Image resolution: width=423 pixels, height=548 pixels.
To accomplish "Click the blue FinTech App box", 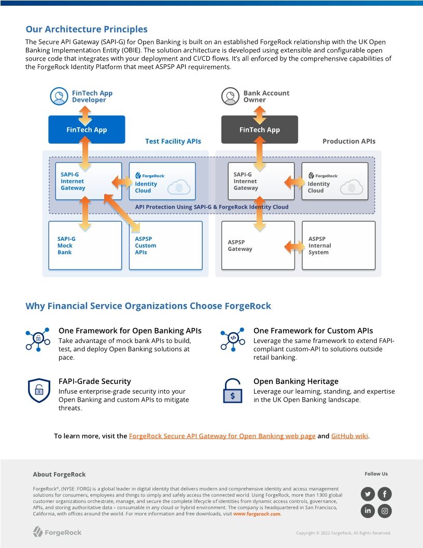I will pos(87,130).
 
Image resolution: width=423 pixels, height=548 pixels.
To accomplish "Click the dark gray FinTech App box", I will pos(259,130).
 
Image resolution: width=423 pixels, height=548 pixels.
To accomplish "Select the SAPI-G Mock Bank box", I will pos(85,245).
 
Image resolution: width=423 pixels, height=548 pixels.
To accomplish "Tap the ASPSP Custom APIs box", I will pos(165,245).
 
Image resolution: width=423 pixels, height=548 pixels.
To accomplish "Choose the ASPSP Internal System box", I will pos(338,245).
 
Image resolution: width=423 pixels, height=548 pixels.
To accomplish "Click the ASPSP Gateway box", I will pos(258,245).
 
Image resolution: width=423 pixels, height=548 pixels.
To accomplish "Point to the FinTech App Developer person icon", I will pos(59,97).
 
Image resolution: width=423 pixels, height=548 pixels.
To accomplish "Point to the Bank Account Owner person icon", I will pos(229,97).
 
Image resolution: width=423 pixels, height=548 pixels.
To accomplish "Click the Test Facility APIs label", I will pos(173,141).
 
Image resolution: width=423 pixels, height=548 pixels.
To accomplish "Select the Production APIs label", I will pos(349,141).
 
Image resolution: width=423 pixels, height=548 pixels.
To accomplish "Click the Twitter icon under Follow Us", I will pos(368,494).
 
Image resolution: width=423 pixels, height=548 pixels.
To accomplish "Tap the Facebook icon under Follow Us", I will pos(385,494).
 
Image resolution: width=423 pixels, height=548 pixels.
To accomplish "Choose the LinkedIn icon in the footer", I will pos(368,511).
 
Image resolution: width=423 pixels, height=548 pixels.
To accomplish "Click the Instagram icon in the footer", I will pos(385,511).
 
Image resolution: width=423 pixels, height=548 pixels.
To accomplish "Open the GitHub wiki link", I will pos(349,436).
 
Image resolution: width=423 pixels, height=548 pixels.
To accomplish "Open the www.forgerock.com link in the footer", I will pos(257,514).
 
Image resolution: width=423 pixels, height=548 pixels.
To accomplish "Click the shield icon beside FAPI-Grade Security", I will pos(38,391).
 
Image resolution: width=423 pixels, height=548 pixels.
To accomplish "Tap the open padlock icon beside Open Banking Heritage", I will pos(232,391).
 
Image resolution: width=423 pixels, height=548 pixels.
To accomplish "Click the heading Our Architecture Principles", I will pos(87,29).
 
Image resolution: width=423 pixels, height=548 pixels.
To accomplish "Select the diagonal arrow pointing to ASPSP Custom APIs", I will pos(122,213).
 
